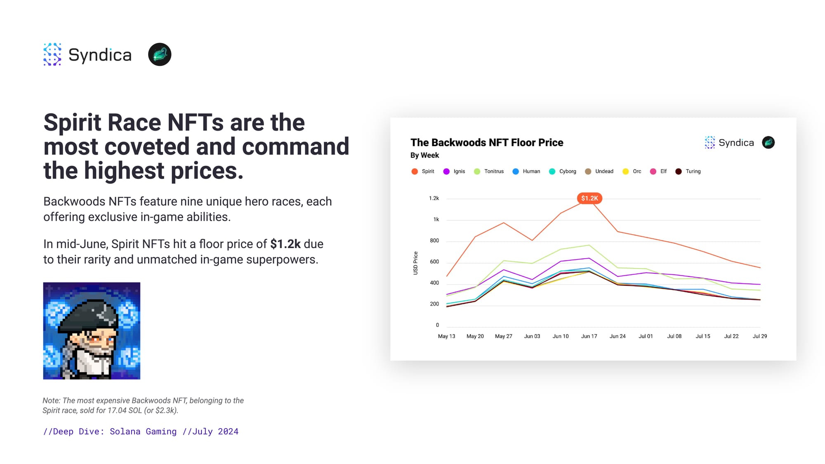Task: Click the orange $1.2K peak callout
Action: coord(589,198)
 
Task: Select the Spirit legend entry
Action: coord(423,172)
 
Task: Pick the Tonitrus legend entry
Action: coord(489,172)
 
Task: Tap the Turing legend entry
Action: coord(688,172)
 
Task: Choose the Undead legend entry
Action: coord(599,172)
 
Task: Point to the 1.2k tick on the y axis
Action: coord(434,198)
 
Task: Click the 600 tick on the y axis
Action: coord(434,262)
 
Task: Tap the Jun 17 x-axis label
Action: coord(589,337)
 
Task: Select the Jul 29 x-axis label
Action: coord(760,337)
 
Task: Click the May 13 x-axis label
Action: coord(446,337)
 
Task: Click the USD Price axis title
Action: coord(415,263)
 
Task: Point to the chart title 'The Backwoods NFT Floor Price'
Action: coord(487,143)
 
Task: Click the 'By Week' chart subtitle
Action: coord(424,155)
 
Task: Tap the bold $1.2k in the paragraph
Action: coord(285,244)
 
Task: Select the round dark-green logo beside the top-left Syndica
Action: coord(160,54)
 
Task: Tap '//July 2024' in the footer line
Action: coord(210,432)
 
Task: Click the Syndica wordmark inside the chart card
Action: coord(736,143)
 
